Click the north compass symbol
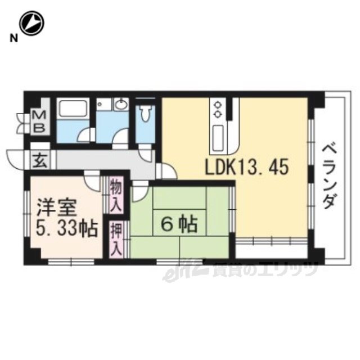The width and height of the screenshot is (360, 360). tap(31, 24)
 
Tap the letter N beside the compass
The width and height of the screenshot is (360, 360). tap(13, 38)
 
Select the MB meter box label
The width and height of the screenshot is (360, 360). tap(40, 121)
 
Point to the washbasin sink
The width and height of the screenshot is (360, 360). tap(121, 105)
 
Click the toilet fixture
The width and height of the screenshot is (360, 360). tap(145, 113)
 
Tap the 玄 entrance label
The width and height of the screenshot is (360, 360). tap(40, 160)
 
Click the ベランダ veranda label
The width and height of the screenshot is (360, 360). tap(330, 177)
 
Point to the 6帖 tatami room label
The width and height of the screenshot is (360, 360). tap(179, 224)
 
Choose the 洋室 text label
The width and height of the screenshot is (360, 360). tap(56, 208)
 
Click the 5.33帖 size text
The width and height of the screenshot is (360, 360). tap(66, 229)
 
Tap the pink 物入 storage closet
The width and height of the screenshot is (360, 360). tap(116, 195)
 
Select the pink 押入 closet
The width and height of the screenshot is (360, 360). tap(116, 240)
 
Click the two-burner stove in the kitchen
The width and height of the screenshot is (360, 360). tap(217, 110)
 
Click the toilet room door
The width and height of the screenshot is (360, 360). tap(146, 153)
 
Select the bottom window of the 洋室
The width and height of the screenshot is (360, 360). tap(71, 262)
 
